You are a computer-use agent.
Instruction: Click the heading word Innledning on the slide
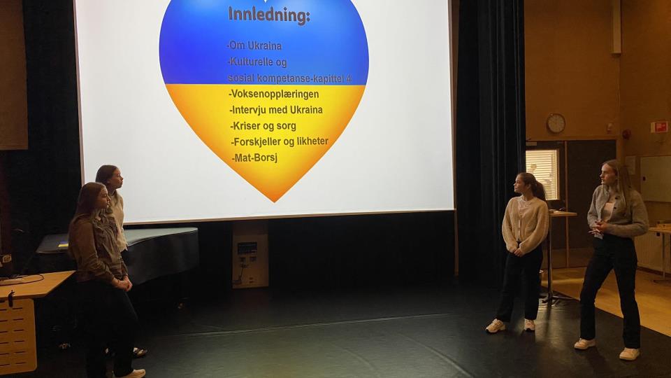tap(268, 15)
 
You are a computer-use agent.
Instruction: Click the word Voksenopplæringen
tap(274, 94)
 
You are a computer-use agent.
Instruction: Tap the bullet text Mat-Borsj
tap(255, 157)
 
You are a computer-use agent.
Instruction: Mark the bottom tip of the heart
tap(274, 202)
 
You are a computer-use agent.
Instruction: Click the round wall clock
tap(556, 123)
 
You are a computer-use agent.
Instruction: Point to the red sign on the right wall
tap(659, 127)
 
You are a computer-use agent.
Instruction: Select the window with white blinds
tap(542, 173)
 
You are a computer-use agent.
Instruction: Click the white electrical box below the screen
tap(250, 255)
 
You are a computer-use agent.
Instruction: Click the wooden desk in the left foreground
tap(26, 317)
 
